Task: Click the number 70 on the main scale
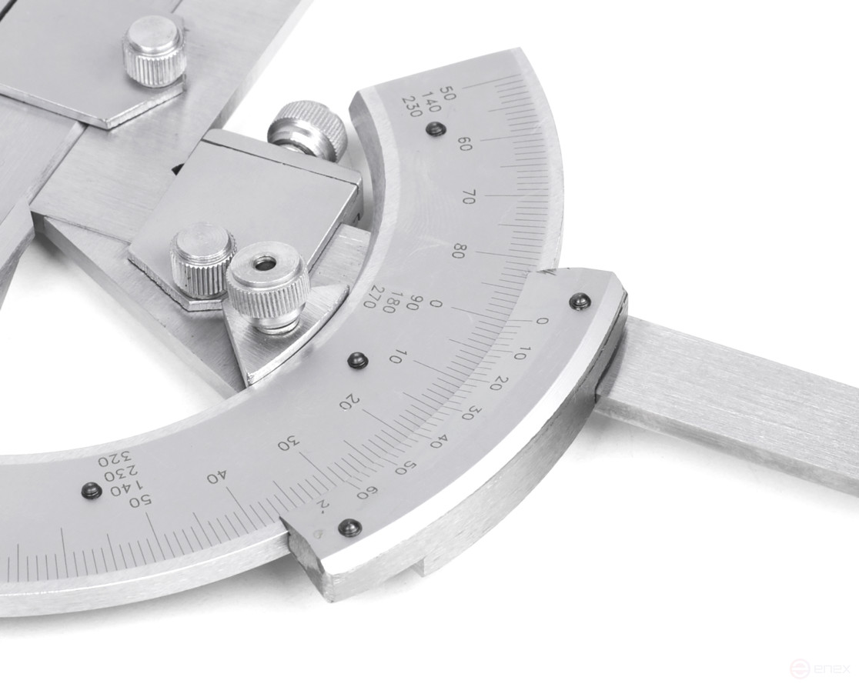pyautogui.click(x=467, y=196)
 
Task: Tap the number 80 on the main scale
pyautogui.click(x=459, y=251)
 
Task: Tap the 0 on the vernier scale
pyautogui.click(x=543, y=321)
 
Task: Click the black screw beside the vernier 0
pyautogui.click(x=580, y=301)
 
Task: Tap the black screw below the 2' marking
pyautogui.click(x=350, y=528)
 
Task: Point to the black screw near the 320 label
pyautogui.click(x=92, y=490)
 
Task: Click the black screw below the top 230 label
pyautogui.click(x=435, y=130)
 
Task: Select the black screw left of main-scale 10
pyautogui.click(x=357, y=359)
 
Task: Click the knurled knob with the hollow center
pyautogui.click(x=267, y=285)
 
